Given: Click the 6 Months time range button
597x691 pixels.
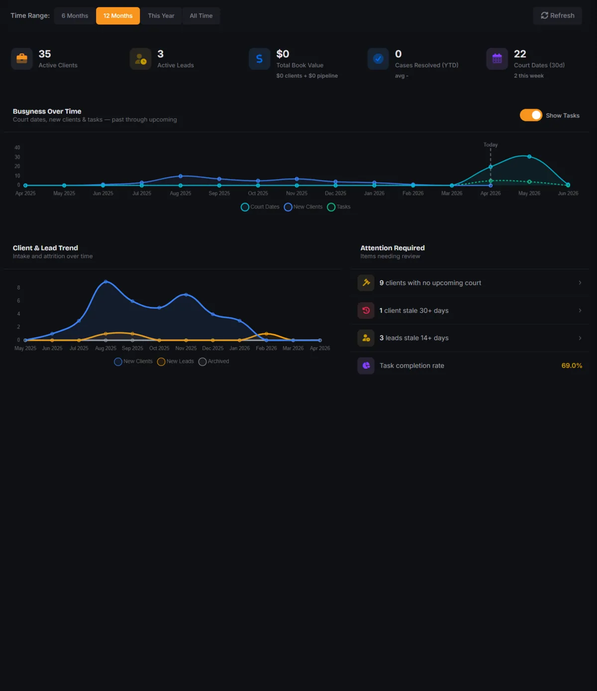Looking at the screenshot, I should pyautogui.click(x=75, y=16).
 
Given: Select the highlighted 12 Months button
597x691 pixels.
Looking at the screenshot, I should pyautogui.click(x=118, y=16).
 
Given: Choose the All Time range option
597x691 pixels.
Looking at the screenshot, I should pyautogui.click(x=201, y=16).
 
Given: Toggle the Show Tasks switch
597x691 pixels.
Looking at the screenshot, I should pyautogui.click(x=531, y=115).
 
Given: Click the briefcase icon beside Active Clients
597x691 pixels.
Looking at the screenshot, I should pyautogui.click(x=22, y=59).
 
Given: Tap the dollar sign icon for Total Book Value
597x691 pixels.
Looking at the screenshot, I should pyautogui.click(x=259, y=59).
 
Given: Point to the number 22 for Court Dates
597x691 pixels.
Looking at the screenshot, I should pyautogui.click(x=520, y=54).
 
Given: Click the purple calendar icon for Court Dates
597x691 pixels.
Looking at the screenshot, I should pyautogui.click(x=497, y=59).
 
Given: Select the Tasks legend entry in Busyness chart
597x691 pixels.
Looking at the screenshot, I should pyautogui.click(x=339, y=207).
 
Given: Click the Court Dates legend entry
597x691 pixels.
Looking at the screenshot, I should pyautogui.click(x=260, y=207).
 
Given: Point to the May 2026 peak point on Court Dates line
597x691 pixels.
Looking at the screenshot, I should pyautogui.click(x=529, y=156).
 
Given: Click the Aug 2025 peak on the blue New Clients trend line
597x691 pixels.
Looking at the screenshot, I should pyautogui.click(x=105, y=281).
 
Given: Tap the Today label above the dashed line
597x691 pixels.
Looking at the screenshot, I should pyautogui.click(x=491, y=144).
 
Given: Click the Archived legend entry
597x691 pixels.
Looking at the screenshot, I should pyautogui.click(x=214, y=361).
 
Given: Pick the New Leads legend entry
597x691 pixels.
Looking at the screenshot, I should pyautogui.click(x=176, y=361).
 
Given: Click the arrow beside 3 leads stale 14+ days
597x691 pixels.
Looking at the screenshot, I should pyautogui.click(x=580, y=338).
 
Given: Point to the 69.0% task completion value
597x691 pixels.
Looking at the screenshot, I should pyautogui.click(x=572, y=366).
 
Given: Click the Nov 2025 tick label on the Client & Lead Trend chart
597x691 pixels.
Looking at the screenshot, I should pyautogui.click(x=186, y=348).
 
